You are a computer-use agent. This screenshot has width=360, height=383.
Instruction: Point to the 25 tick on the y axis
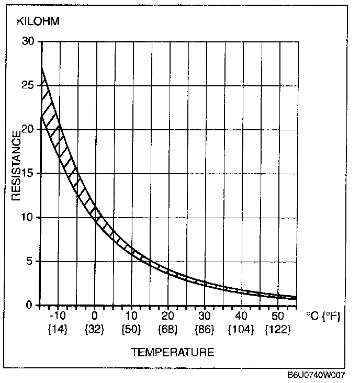pyautogui.click(x=29, y=85)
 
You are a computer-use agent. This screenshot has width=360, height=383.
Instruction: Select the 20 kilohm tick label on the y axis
pyautogui.click(x=29, y=129)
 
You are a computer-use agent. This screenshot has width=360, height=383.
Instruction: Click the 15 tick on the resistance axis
pyautogui.click(x=29, y=173)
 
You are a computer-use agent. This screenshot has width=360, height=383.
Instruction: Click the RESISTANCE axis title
pyautogui.click(x=17, y=166)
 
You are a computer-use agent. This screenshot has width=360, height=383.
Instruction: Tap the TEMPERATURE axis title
pyautogui.click(x=172, y=352)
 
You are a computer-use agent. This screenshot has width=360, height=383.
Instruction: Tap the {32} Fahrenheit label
pyautogui.click(x=95, y=330)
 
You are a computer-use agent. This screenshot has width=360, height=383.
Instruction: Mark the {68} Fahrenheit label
pyautogui.click(x=168, y=330)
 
